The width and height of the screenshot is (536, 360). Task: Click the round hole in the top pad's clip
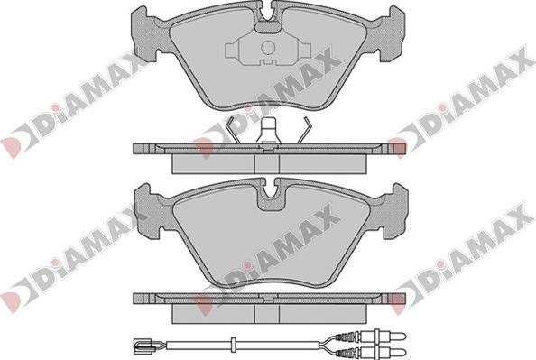(x=268, y=48)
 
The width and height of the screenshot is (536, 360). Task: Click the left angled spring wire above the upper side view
(x=234, y=130)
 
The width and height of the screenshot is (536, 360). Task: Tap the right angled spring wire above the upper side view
(x=305, y=130)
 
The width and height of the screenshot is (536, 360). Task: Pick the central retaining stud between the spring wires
(x=268, y=131)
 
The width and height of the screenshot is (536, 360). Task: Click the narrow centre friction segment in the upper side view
(x=267, y=163)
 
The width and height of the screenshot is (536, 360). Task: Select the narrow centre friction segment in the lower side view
(x=267, y=313)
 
